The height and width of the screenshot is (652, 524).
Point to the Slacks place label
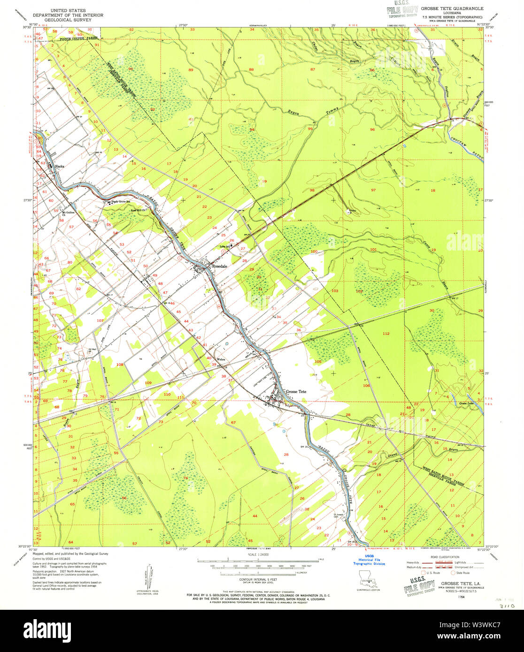click(x=59, y=166)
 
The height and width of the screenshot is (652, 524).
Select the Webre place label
click(x=221, y=360)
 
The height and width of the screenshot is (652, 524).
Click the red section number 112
click(x=386, y=334)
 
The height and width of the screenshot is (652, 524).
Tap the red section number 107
click(x=100, y=320)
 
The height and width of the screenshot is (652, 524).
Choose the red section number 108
click(x=120, y=364)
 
